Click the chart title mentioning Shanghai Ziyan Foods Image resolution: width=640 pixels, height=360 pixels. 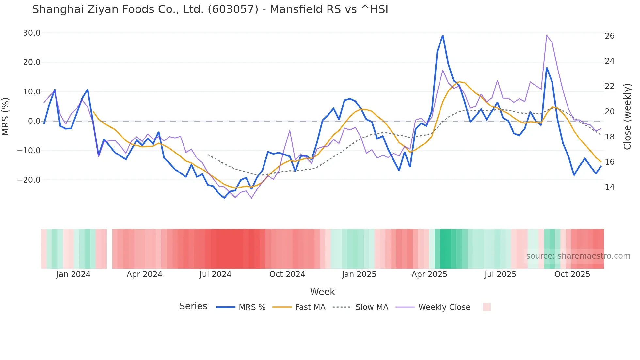[210, 9]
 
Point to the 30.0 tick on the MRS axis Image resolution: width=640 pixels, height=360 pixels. [32, 33]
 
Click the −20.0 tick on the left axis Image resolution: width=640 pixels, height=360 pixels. [29, 180]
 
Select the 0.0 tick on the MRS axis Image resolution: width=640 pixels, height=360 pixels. [34, 121]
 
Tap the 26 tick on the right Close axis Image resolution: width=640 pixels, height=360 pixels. [609, 36]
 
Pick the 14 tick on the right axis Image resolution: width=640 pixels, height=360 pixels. [609, 187]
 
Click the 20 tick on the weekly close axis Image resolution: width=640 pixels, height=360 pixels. [609, 112]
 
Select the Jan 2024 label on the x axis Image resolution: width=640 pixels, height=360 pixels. [73, 274]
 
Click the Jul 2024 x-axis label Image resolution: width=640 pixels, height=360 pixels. [215, 274]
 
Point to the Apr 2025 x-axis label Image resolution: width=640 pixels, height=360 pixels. [429, 274]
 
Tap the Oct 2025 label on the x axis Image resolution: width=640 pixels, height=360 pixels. [572, 274]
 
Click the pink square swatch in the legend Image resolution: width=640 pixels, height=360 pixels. [487, 307]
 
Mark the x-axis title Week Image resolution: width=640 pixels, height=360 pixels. [322, 292]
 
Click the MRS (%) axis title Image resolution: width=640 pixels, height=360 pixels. [6, 117]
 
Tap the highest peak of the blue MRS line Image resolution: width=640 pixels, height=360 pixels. [443, 36]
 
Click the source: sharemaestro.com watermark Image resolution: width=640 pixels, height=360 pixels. [578, 256]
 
